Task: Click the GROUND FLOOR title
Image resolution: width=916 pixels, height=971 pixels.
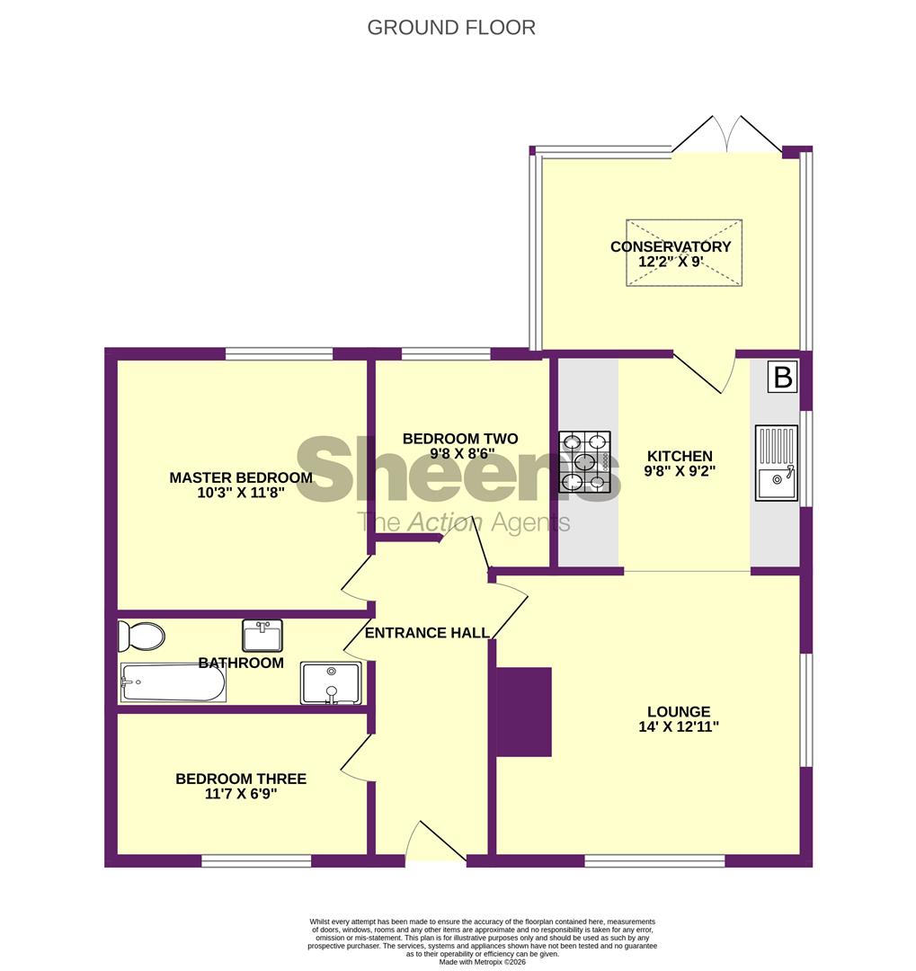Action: [451, 27]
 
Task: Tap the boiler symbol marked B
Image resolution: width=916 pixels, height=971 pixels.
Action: [783, 378]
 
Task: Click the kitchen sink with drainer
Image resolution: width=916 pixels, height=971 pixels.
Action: [776, 462]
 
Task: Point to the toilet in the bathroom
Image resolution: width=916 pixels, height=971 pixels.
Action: [142, 637]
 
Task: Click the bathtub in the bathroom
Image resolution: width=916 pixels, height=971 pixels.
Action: [173, 683]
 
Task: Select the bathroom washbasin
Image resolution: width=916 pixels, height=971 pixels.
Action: [262, 635]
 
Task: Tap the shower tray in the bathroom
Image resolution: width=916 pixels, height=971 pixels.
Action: [330, 683]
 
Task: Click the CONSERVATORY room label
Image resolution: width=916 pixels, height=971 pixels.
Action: [671, 247]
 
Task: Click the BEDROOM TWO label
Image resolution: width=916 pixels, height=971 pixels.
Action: [460, 439]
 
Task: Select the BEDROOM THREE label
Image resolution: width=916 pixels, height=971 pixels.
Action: [241, 779]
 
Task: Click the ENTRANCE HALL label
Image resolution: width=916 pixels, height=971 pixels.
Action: [427, 633]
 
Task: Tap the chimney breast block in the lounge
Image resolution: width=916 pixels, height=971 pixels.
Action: [524, 711]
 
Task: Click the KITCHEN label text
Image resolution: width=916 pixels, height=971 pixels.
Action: [679, 456]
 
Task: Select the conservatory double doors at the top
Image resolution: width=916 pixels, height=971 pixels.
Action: [728, 132]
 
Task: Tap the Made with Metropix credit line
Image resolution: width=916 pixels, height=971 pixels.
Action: [483, 961]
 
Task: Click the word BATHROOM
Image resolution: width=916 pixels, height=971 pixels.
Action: [241, 664]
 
